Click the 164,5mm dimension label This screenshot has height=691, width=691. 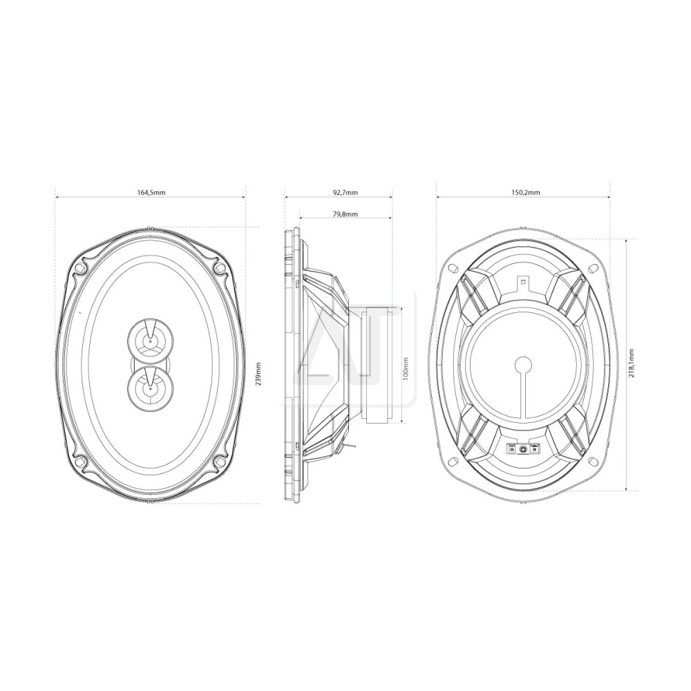tap(151, 193)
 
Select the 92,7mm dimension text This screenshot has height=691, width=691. tap(345, 193)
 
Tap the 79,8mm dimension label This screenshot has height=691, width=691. tap(345, 214)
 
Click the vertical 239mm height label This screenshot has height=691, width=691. tap(258, 374)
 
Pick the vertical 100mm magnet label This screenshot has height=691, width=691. tap(406, 368)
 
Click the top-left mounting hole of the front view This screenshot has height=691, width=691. tap(79, 268)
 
